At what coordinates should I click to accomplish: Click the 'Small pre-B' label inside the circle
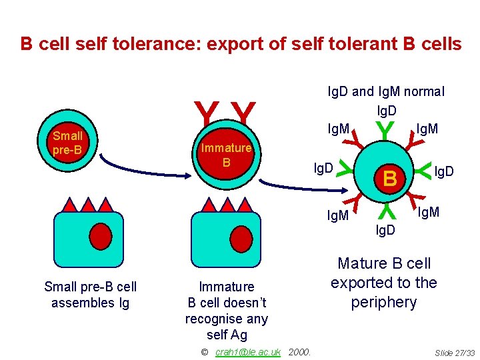(x=67, y=143)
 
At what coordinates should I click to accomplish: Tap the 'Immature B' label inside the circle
(x=226, y=155)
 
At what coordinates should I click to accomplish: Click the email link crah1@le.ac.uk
(x=248, y=352)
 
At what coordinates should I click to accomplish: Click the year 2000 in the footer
(x=301, y=352)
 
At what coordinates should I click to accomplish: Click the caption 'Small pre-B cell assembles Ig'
(x=90, y=295)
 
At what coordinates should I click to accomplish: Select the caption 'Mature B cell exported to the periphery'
(x=383, y=283)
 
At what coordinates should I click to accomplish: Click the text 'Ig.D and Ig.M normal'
(x=385, y=91)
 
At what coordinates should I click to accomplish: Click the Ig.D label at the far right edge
(x=445, y=173)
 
